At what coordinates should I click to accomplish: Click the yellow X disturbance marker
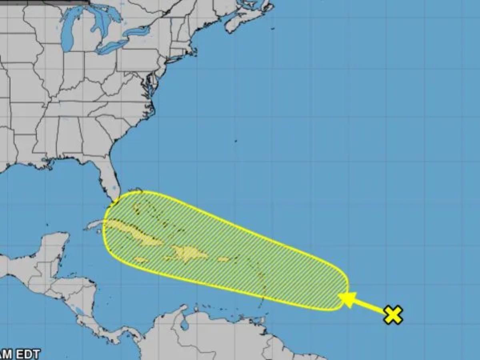[393, 315]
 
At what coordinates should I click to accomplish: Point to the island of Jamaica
[141, 260]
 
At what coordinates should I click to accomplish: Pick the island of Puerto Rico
[223, 259]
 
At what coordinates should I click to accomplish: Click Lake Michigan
[67, 30]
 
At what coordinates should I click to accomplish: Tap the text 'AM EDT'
[20, 354]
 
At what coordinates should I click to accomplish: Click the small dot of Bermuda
[236, 141]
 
